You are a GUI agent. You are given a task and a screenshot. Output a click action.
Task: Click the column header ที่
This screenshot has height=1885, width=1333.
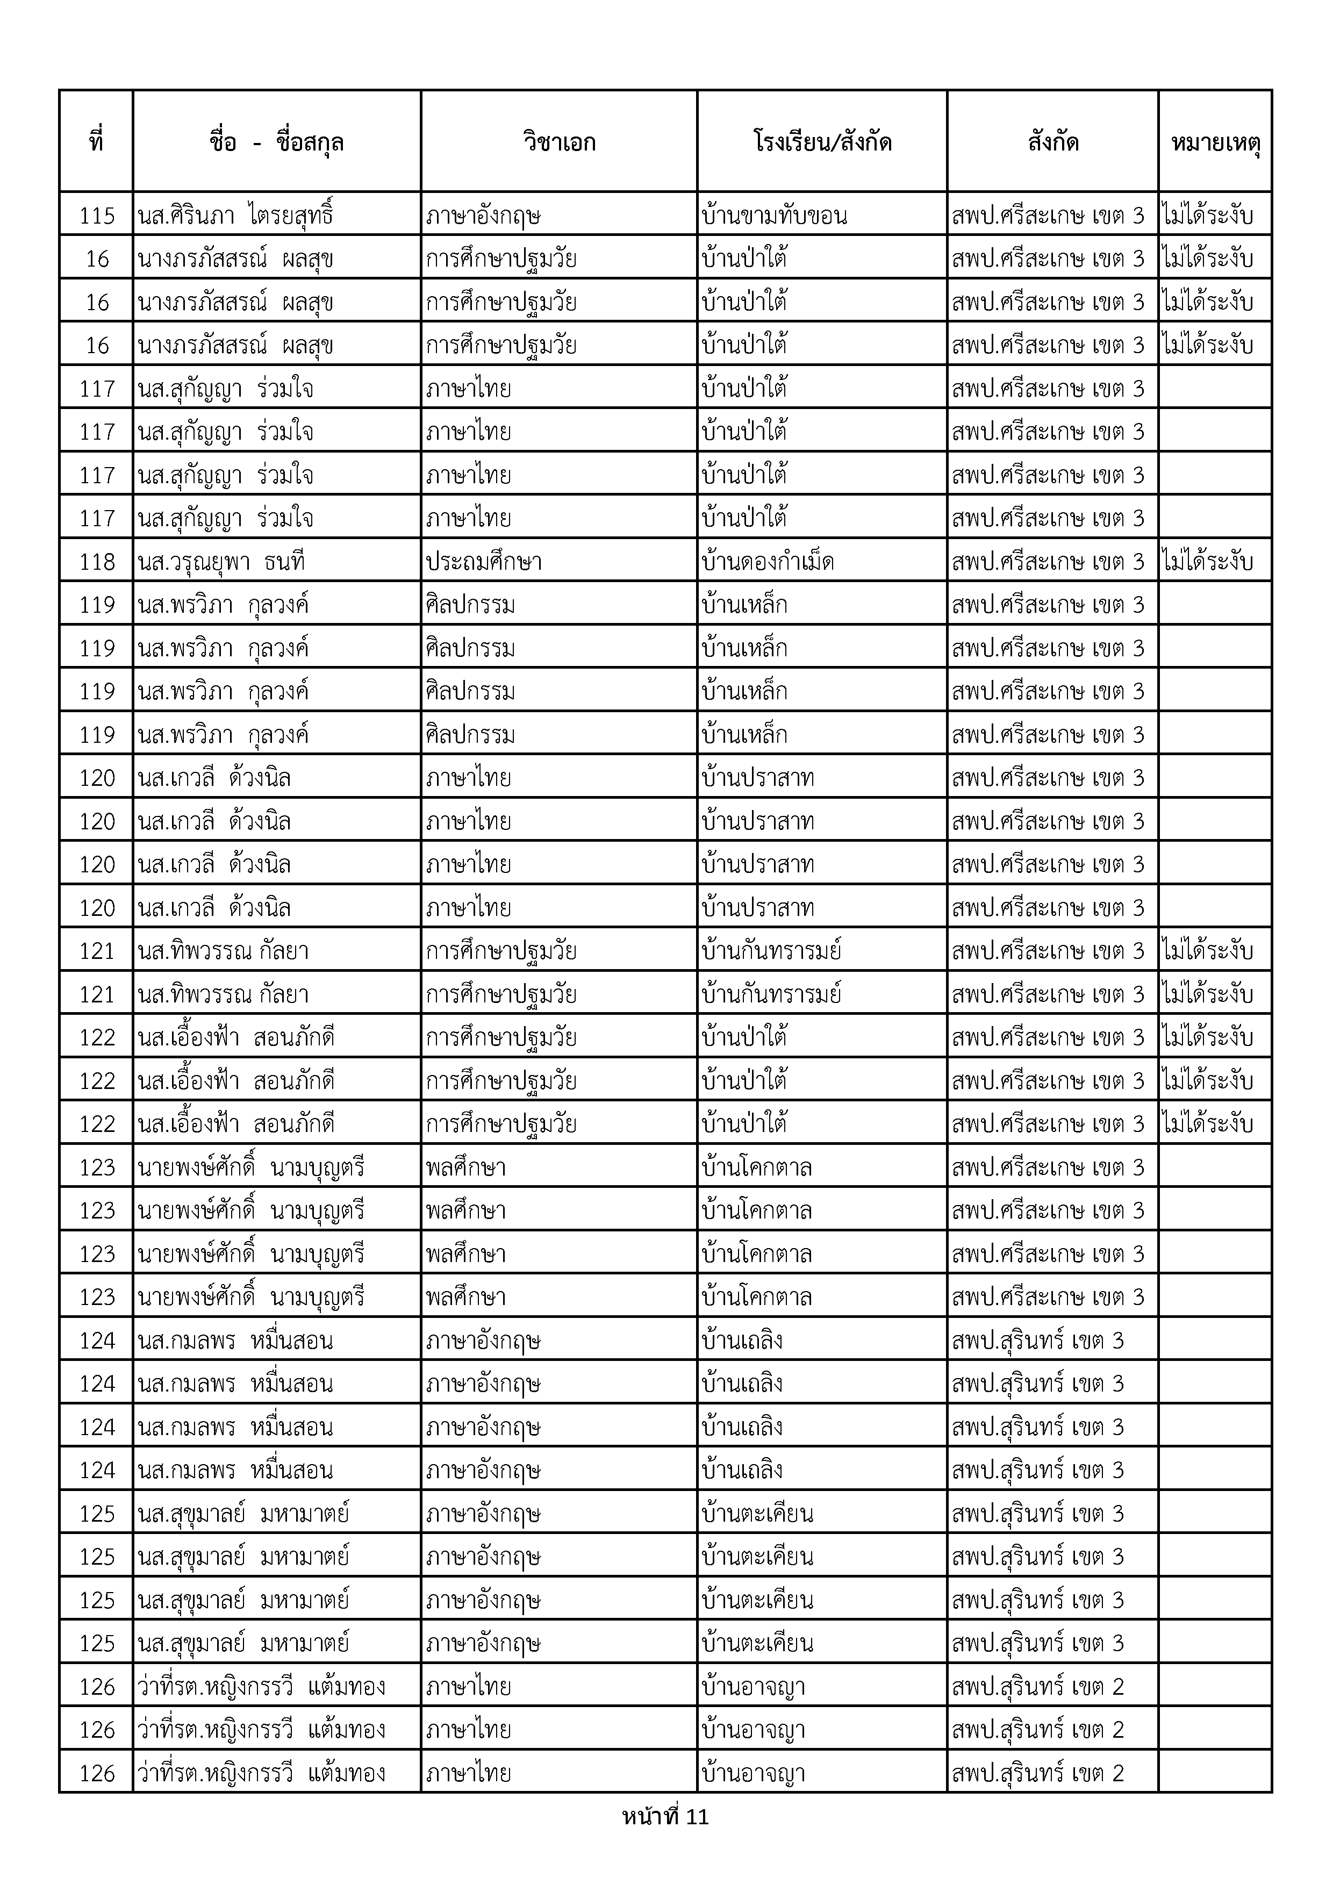point(96,142)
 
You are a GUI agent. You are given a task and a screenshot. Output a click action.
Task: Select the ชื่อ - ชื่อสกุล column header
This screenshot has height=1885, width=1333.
point(277,142)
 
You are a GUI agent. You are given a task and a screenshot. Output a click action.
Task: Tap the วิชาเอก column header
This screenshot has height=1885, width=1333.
point(559,142)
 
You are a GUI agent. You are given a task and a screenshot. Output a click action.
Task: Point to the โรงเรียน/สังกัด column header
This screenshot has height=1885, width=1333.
point(822,142)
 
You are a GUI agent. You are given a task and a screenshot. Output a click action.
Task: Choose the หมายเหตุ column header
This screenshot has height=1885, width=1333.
point(1215,142)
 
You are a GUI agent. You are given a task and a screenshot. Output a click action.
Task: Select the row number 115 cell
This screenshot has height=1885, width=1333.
point(97,215)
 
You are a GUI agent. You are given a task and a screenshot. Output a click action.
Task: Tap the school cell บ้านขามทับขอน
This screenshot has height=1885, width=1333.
point(775,215)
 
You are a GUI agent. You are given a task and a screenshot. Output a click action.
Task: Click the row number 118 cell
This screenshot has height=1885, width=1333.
point(97,562)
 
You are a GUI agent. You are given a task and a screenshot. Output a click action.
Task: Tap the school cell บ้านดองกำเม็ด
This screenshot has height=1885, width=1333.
point(768,562)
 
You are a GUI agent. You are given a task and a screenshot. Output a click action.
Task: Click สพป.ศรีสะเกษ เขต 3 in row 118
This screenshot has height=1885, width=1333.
point(1048,562)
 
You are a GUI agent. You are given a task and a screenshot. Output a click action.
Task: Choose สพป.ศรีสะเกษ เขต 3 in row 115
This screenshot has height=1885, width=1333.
point(1048,215)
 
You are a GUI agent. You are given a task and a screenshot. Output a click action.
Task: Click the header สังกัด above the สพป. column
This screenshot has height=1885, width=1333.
point(1053,142)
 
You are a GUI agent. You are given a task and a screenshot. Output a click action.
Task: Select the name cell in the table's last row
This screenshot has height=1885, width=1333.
point(262,1773)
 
